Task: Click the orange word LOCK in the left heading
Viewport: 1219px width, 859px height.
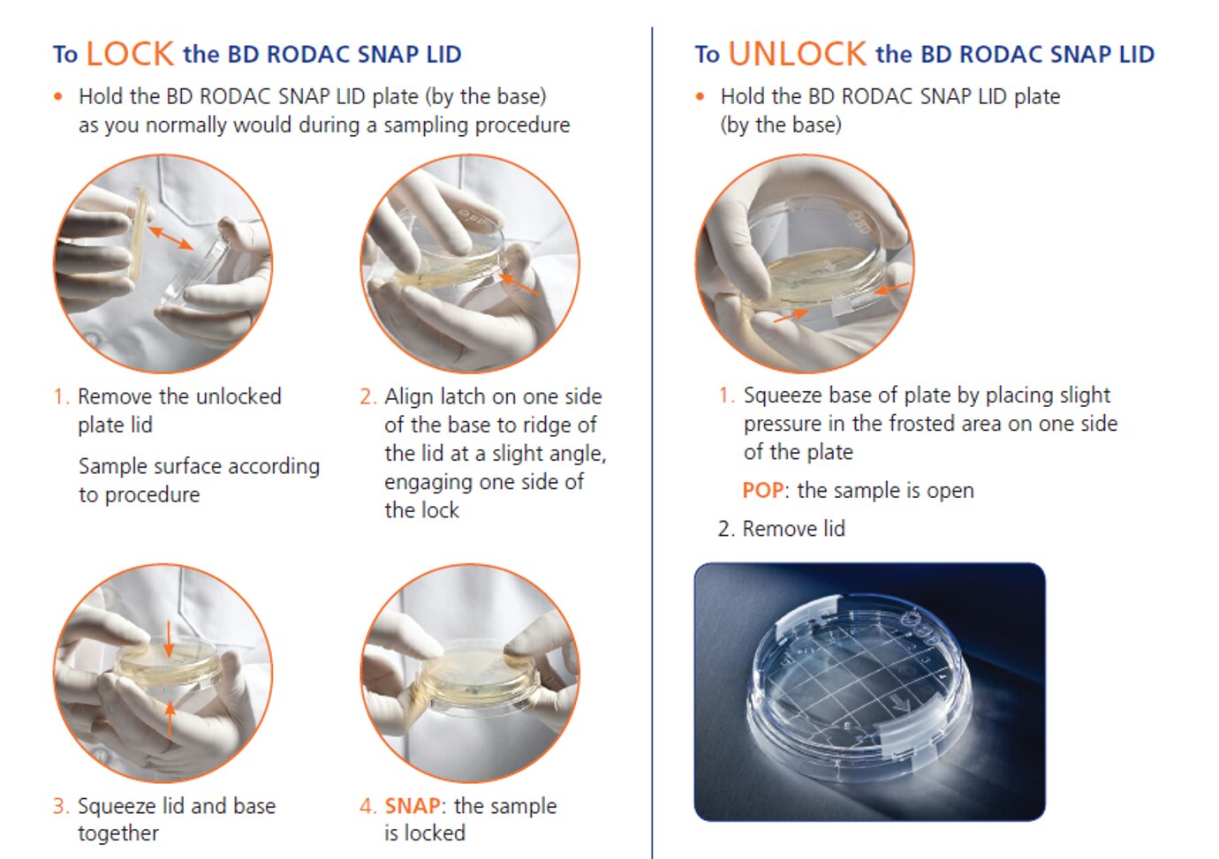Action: (x=130, y=54)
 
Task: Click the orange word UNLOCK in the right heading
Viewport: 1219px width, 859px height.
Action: (x=798, y=54)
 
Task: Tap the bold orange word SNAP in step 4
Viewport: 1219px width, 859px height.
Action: (x=413, y=806)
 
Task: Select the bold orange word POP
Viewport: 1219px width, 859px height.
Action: (x=763, y=490)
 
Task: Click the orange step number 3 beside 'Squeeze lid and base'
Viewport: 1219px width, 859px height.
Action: (x=59, y=806)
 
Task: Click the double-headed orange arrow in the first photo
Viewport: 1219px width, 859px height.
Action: (x=170, y=237)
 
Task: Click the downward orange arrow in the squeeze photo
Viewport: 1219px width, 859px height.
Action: (x=169, y=638)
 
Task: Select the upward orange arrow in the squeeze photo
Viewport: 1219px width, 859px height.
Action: (x=170, y=719)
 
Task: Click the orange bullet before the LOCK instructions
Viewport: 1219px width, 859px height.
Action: (x=58, y=97)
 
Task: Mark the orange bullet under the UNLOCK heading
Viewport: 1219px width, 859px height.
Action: (x=700, y=97)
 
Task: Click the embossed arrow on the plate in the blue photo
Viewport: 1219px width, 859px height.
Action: (x=902, y=705)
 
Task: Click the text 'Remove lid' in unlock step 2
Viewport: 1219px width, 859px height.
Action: (x=794, y=529)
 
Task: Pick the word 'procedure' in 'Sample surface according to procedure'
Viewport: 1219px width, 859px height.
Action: (x=152, y=495)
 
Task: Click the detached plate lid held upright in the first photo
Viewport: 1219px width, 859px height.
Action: (x=138, y=234)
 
